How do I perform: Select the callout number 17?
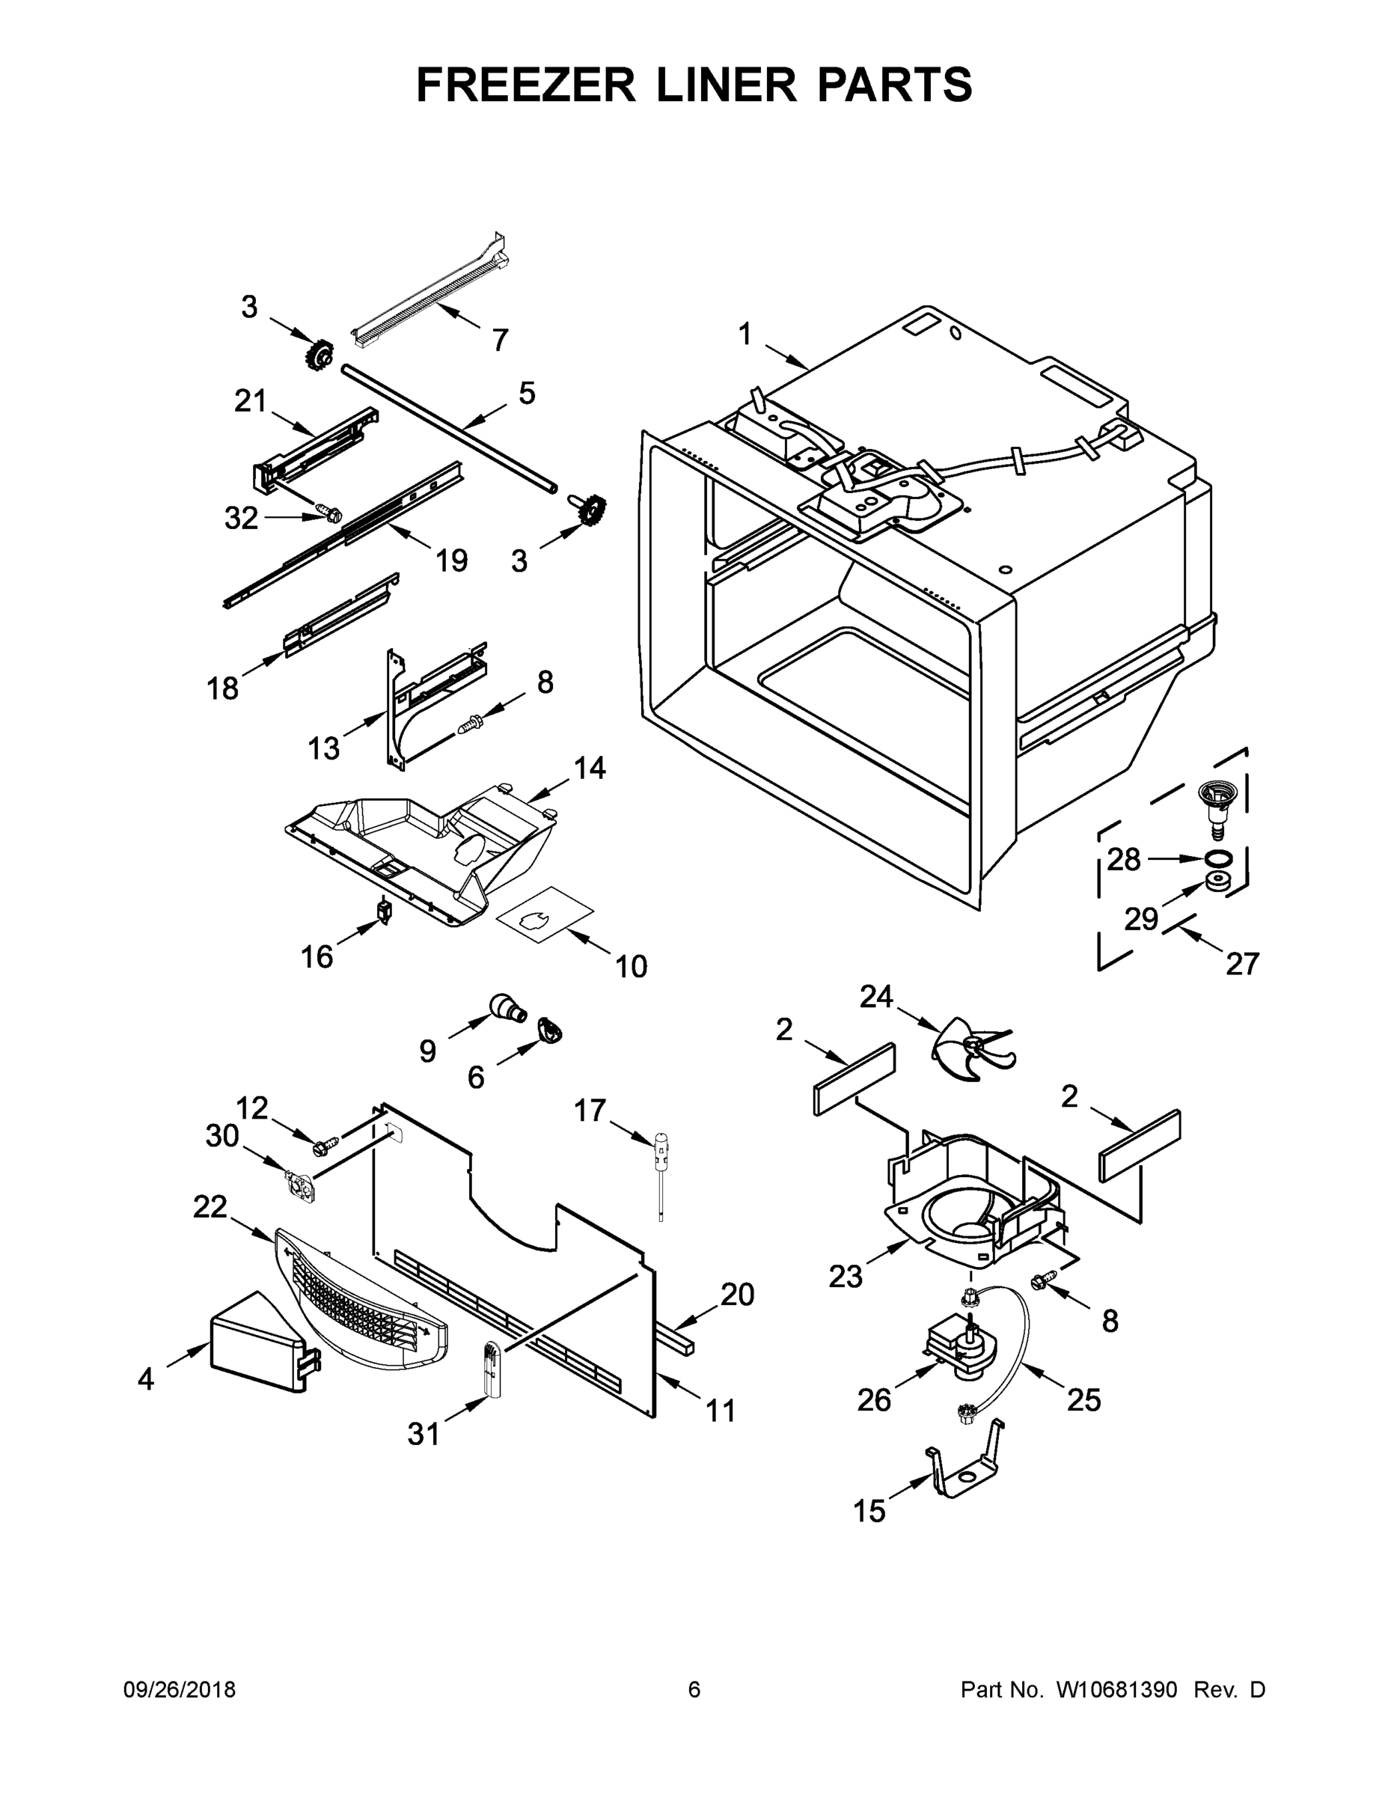(590, 1111)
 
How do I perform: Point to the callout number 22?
(210, 1206)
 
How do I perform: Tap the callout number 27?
(1242, 963)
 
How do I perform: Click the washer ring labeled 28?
(1220, 858)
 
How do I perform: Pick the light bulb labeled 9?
(504, 1007)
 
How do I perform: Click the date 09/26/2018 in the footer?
(180, 1690)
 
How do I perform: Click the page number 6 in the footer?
(694, 1690)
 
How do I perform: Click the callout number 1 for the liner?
(745, 335)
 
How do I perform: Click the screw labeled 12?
(326, 1142)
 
